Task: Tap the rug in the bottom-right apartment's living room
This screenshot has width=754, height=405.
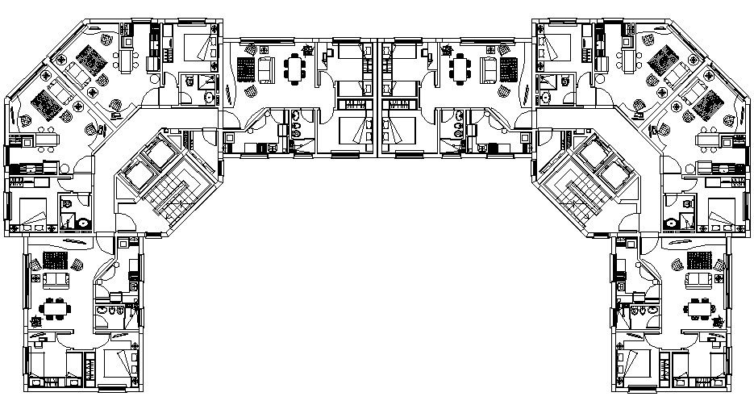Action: pyautogui.click(x=698, y=259)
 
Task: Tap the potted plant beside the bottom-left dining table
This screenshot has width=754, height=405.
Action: pyautogui.click(x=35, y=322)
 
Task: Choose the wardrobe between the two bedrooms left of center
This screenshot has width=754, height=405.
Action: pyautogui.click(x=351, y=104)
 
